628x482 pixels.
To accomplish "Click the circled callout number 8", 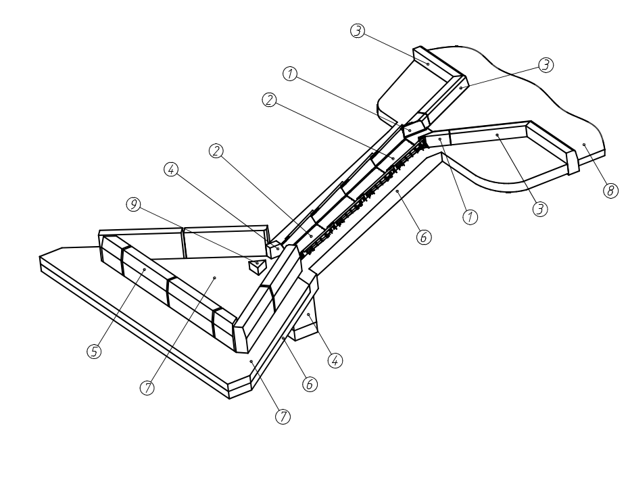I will pos(610,191).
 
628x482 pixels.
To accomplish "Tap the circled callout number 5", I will pos(95,351).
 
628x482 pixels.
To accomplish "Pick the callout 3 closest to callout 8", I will pos(539,209).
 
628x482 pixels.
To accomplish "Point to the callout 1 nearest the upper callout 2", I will pos(291,75).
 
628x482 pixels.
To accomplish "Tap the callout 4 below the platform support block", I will pos(333,360).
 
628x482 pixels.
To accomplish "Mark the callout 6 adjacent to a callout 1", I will pos(424,237).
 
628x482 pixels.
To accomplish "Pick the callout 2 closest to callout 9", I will pos(216,151).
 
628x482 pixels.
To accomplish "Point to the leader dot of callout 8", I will pos(583,145).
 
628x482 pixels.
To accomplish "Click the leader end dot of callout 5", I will pos(145,269).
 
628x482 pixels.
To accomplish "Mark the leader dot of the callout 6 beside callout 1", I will pos(398,192).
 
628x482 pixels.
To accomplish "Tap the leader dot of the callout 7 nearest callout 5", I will pos(214,277).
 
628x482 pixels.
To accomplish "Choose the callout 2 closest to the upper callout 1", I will pos(269,99).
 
